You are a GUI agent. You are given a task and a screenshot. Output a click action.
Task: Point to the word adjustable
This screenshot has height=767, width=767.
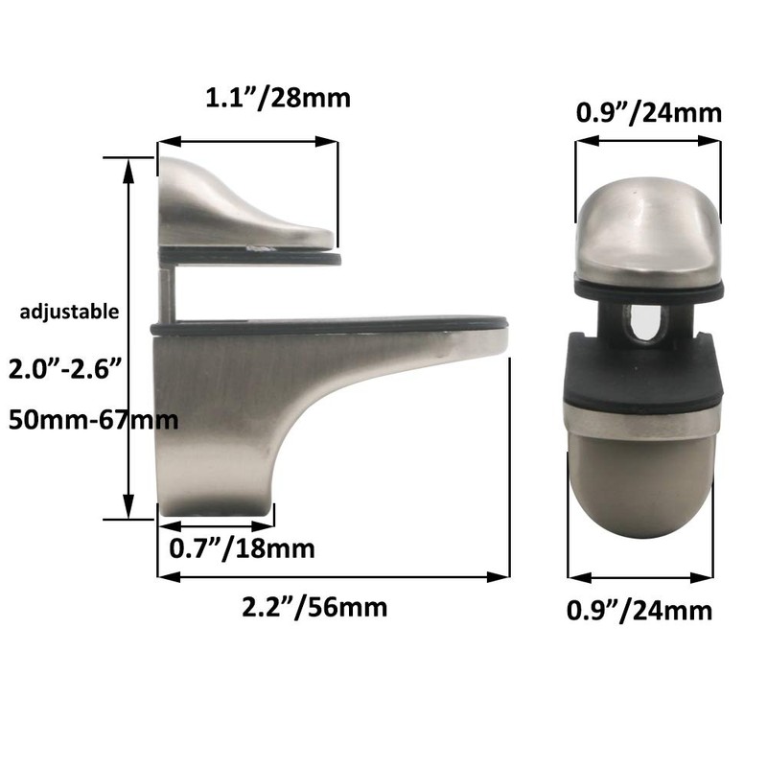[71, 311]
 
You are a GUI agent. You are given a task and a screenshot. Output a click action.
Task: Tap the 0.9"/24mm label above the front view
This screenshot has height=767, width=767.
[648, 113]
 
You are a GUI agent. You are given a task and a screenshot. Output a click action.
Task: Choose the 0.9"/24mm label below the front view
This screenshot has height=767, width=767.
[640, 609]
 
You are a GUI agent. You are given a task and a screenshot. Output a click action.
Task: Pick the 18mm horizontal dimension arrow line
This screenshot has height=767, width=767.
[216, 524]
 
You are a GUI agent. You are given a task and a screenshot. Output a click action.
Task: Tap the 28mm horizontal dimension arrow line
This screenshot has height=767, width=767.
[248, 141]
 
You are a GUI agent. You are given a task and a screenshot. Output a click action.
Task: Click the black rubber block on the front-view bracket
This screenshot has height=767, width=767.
[642, 374]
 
